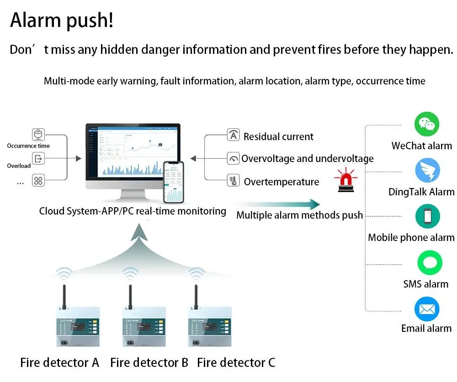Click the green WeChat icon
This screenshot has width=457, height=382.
[426, 124]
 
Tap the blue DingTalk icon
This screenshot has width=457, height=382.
[427, 171]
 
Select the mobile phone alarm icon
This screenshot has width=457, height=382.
[427, 216]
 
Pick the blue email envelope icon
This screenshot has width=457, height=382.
[426, 309]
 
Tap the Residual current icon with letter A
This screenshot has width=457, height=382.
[234, 136]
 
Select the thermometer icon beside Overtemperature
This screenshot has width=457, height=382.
[234, 181]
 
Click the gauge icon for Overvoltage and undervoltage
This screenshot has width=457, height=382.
[234, 158]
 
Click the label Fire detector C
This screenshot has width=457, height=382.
[236, 363]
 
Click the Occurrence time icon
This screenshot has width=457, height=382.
[38, 135]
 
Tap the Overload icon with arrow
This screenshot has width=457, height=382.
[38, 158]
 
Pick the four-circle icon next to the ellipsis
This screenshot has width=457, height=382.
[38, 181]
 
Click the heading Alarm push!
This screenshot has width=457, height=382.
[62, 21]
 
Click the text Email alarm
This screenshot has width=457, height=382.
[426, 328]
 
